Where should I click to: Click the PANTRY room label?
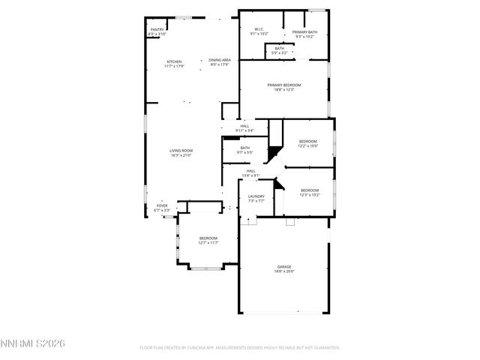pyautogui.click(x=157, y=30)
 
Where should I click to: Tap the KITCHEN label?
pyautogui.click(x=174, y=61)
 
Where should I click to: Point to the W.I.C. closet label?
pyautogui.click(x=258, y=29)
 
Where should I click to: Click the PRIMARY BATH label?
pyautogui.click(x=304, y=32)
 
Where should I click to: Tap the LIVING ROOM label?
pyautogui.click(x=181, y=151)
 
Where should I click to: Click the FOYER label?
pyautogui.click(x=161, y=205)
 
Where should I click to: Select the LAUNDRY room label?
pyautogui.click(x=256, y=196)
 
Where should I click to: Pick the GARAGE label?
pyautogui.click(x=283, y=266)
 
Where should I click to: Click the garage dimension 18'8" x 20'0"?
pyautogui.click(x=283, y=271)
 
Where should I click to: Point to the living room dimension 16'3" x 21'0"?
pyautogui.click(x=181, y=155)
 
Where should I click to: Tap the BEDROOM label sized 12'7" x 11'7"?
pyautogui.click(x=208, y=238)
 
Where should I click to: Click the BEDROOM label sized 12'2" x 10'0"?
pyautogui.click(x=308, y=141)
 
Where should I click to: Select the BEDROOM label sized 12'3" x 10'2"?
pyautogui.click(x=310, y=190)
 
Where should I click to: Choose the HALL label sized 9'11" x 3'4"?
pyautogui.click(x=244, y=126)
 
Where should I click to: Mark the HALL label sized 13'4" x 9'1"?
pyautogui.click(x=250, y=171)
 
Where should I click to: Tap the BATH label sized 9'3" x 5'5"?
pyautogui.click(x=245, y=148)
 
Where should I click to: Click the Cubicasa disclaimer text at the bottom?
pyautogui.click(x=240, y=348)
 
